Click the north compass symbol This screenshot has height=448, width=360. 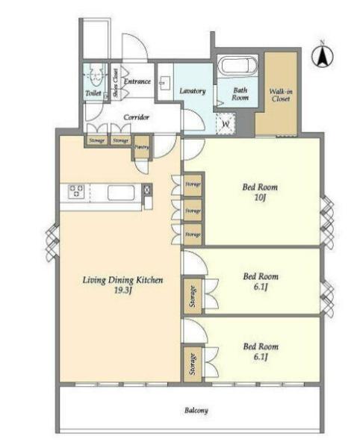[x=323, y=55]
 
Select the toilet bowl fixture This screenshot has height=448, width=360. [x=95, y=74]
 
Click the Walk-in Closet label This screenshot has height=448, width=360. [x=281, y=95]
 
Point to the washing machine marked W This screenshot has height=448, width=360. [x=226, y=124]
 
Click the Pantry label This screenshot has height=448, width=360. [x=142, y=147]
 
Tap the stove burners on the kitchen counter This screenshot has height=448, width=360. [x=76, y=191]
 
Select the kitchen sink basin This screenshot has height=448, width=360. [x=121, y=193]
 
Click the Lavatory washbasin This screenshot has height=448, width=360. [x=165, y=82]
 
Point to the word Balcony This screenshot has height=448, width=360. [x=196, y=411]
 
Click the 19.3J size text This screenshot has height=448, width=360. [x=123, y=290]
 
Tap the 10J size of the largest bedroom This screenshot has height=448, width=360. [x=260, y=197]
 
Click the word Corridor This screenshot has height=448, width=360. [x=136, y=117]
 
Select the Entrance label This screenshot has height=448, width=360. [x=137, y=81]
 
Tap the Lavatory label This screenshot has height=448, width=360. [x=193, y=91]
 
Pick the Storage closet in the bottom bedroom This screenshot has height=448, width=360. [x=193, y=364]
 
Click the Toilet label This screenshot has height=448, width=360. [x=93, y=93]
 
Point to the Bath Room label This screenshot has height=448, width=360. [x=240, y=94]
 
